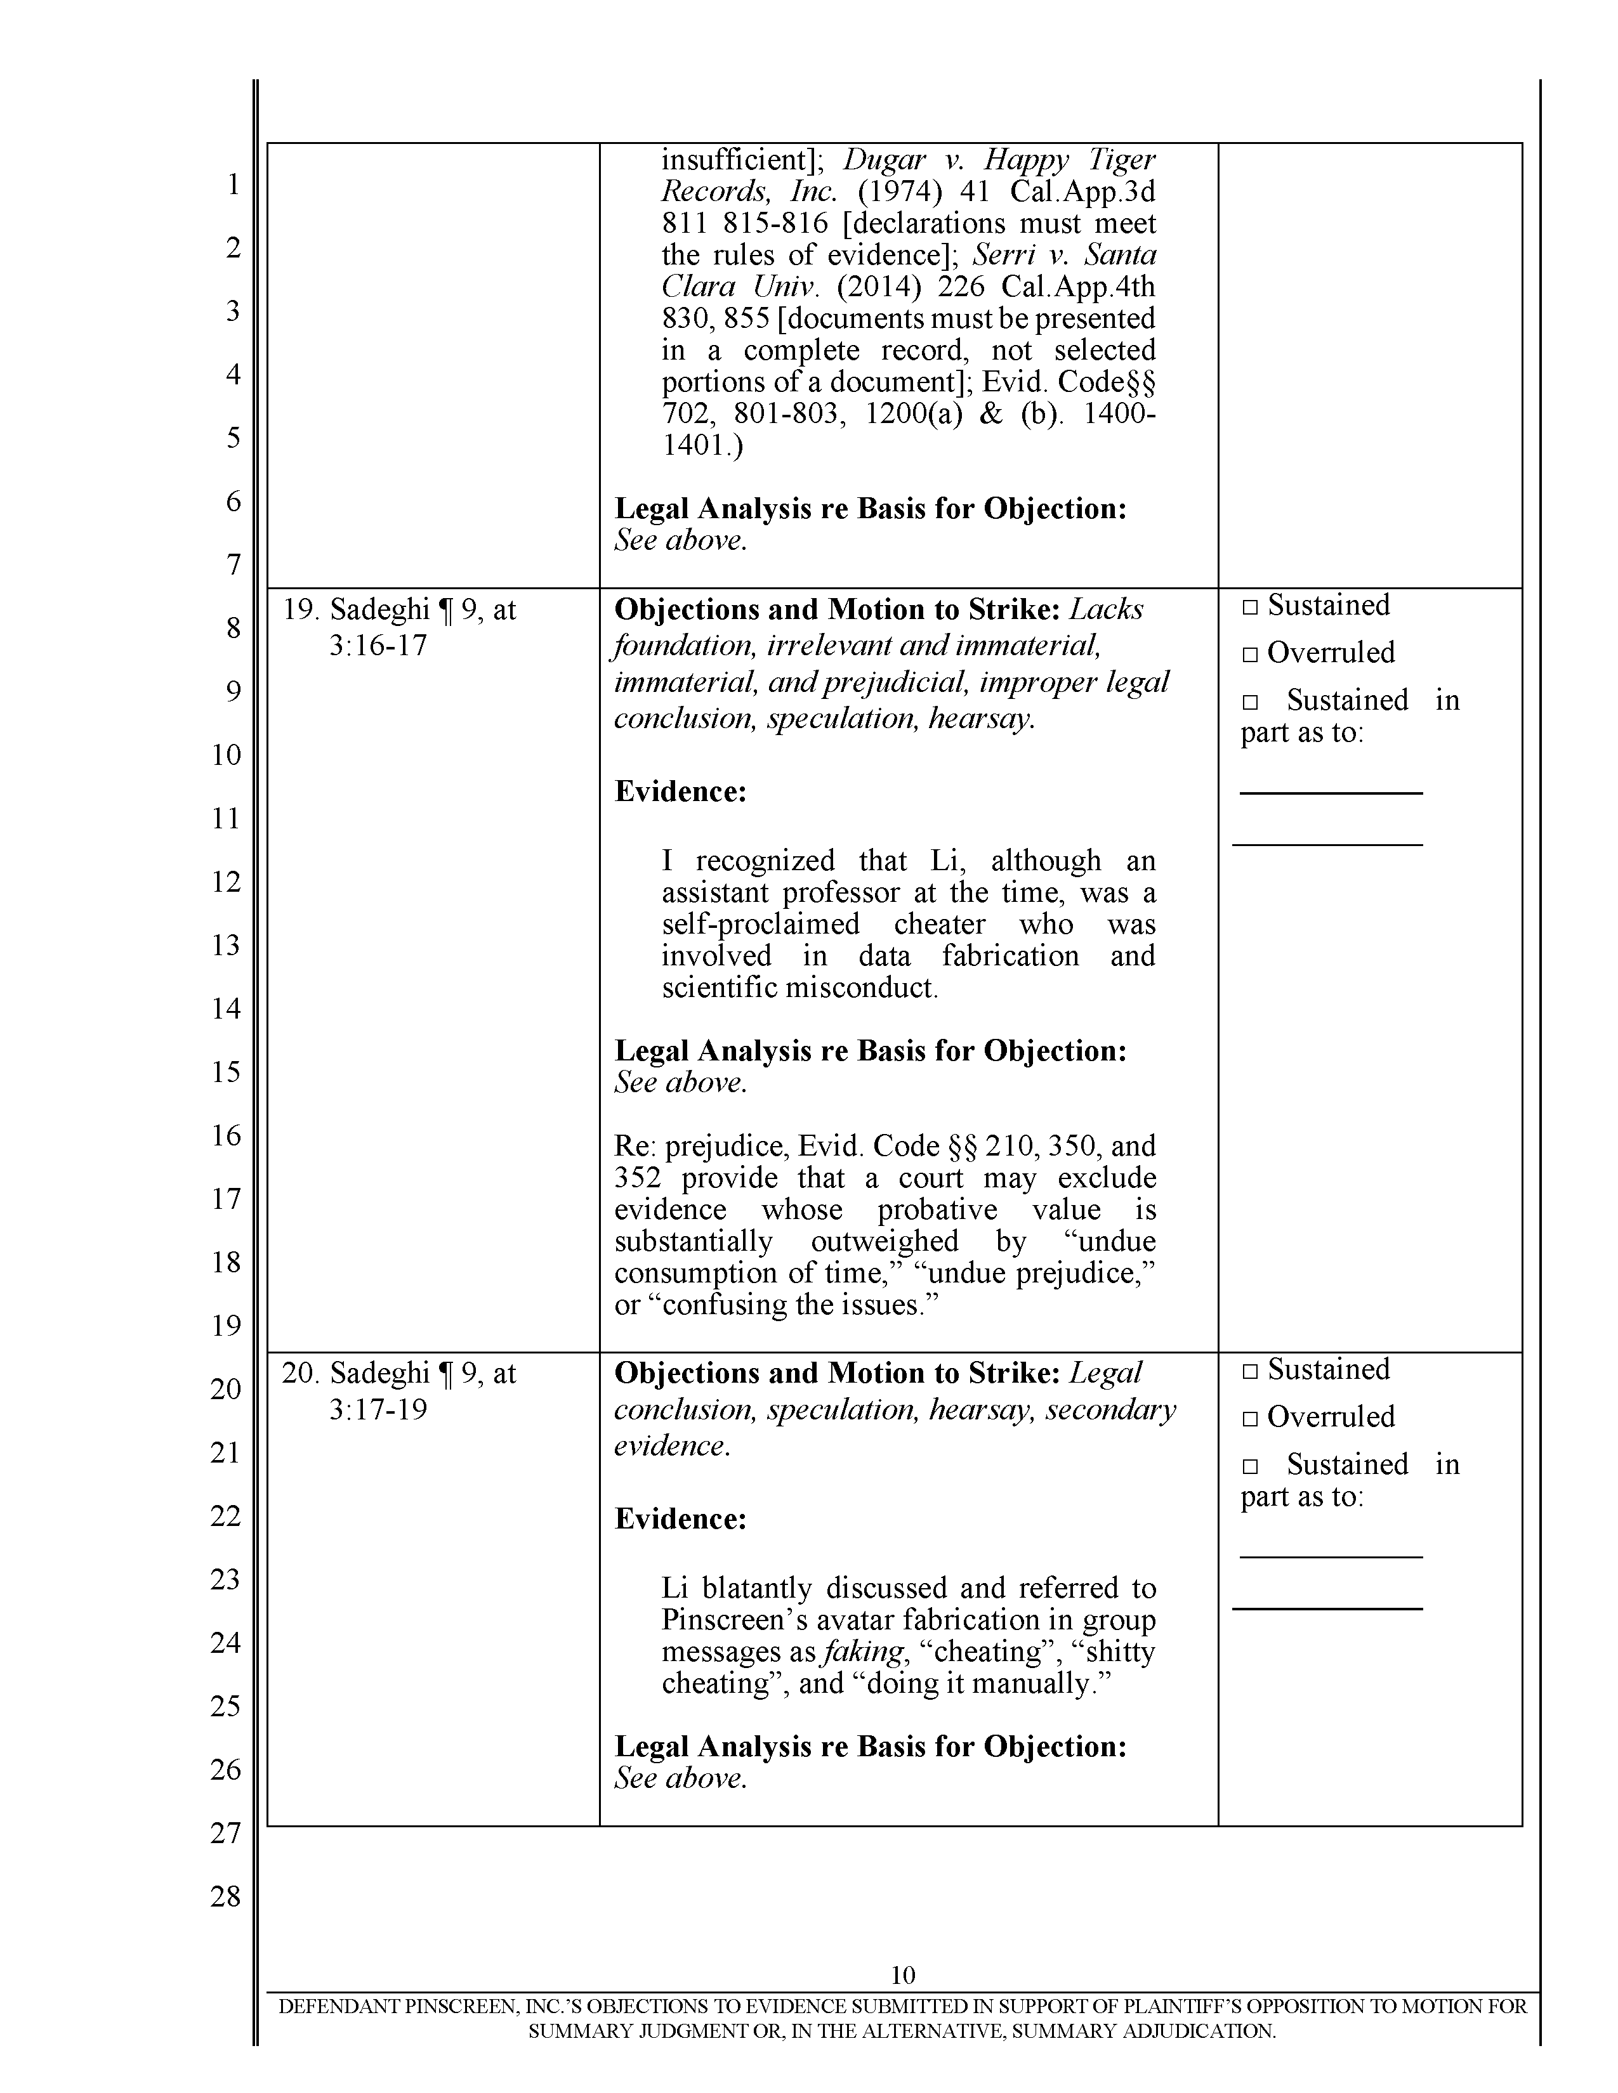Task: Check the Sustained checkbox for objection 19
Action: click(x=1249, y=606)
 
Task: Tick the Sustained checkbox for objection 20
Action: click(x=1249, y=1371)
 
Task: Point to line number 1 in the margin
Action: click(x=233, y=184)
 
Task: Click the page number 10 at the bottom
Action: click(x=903, y=1974)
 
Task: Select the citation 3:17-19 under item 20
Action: click(x=378, y=1410)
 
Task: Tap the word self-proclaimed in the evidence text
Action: click(x=760, y=924)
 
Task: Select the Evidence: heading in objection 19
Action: click(x=680, y=792)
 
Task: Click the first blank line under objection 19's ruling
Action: click(x=1331, y=792)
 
